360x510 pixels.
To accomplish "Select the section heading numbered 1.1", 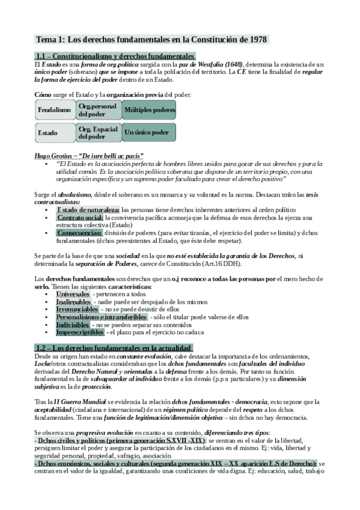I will [x=112, y=56].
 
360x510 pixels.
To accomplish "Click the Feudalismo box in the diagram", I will [x=54, y=110].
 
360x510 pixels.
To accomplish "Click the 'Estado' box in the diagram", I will [x=54, y=132].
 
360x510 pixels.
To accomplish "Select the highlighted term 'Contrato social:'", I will [x=80, y=217].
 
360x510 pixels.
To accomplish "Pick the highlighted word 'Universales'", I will [x=73, y=294].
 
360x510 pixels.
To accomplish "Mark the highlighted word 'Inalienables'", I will [x=74, y=302].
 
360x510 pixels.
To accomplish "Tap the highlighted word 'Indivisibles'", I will [x=74, y=324].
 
